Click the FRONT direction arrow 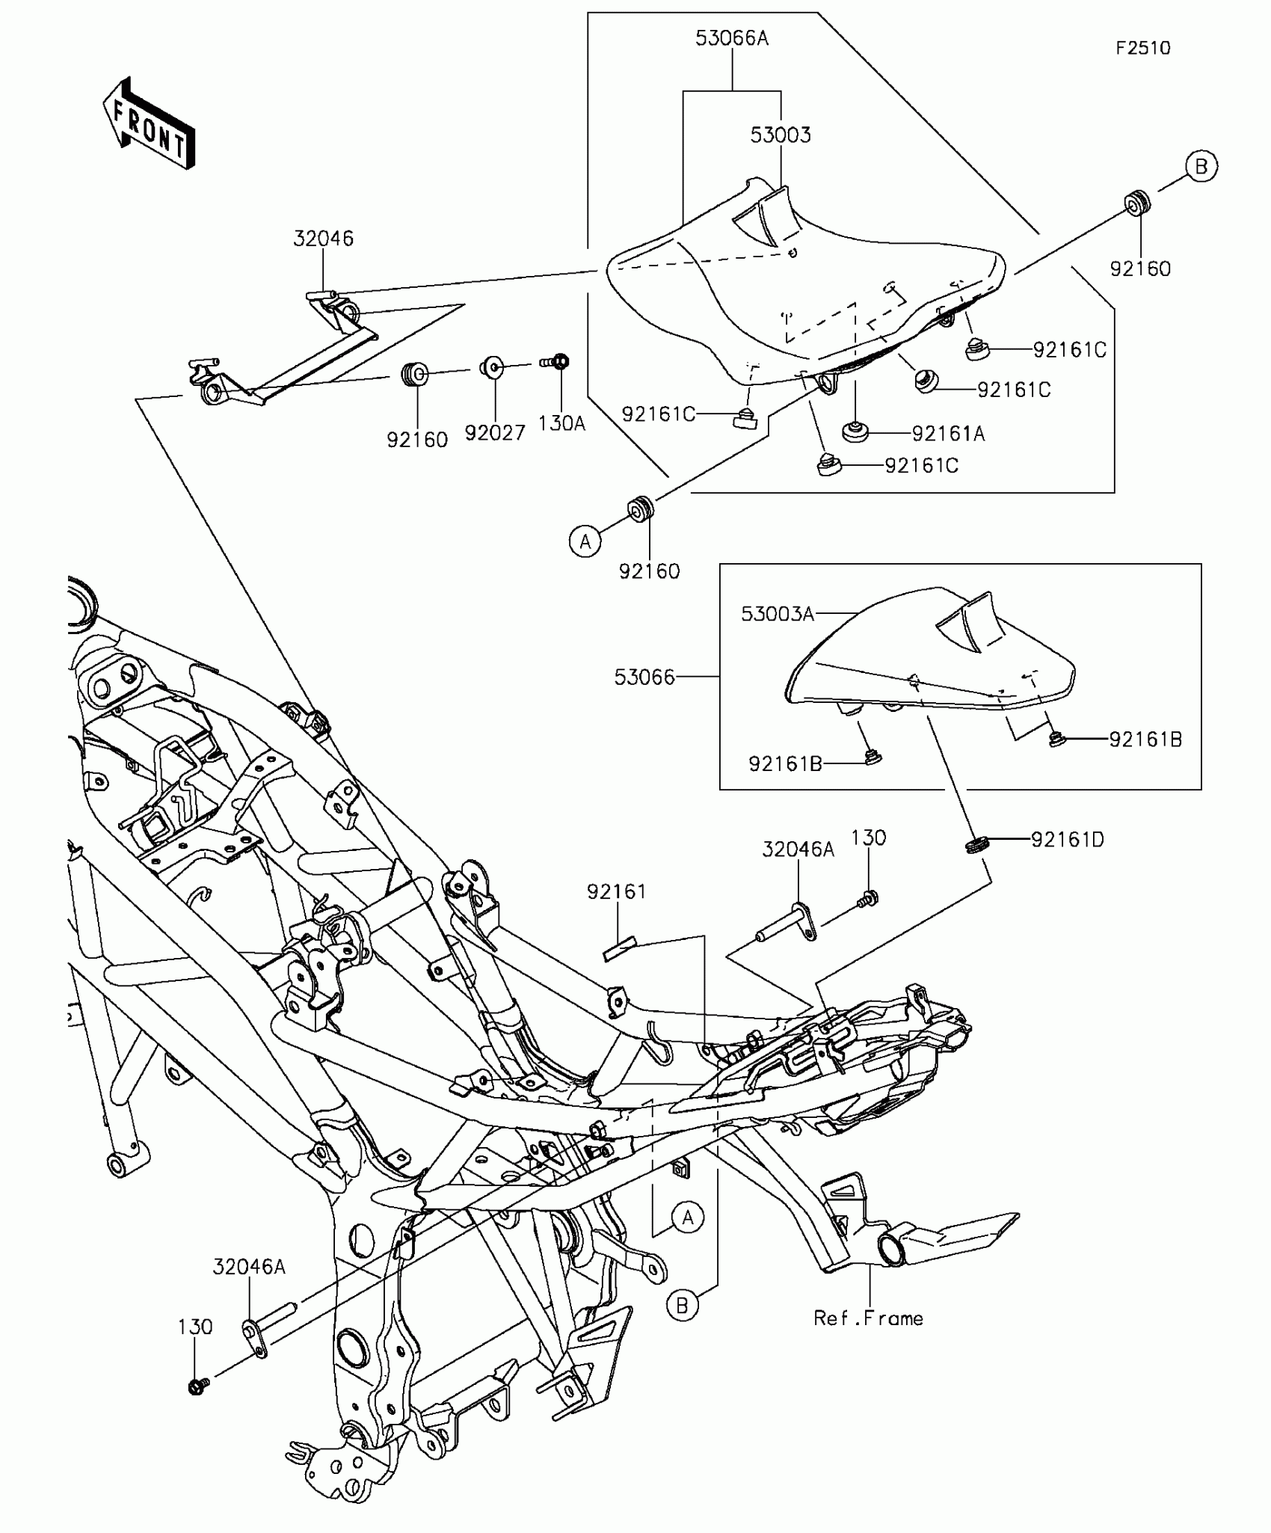click(149, 123)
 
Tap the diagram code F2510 click(1142, 48)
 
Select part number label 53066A click(731, 38)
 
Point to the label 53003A click(777, 614)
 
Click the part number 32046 click(323, 239)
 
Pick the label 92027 click(494, 433)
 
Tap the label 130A click(561, 423)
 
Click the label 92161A click(948, 434)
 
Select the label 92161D click(1067, 840)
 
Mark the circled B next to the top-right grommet click(1201, 166)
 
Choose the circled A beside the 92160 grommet click(585, 540)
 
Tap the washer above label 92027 click(490, 368)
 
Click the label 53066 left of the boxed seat click(644, 678)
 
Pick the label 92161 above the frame click(616, 891)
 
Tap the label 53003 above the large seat click(781, 135)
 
